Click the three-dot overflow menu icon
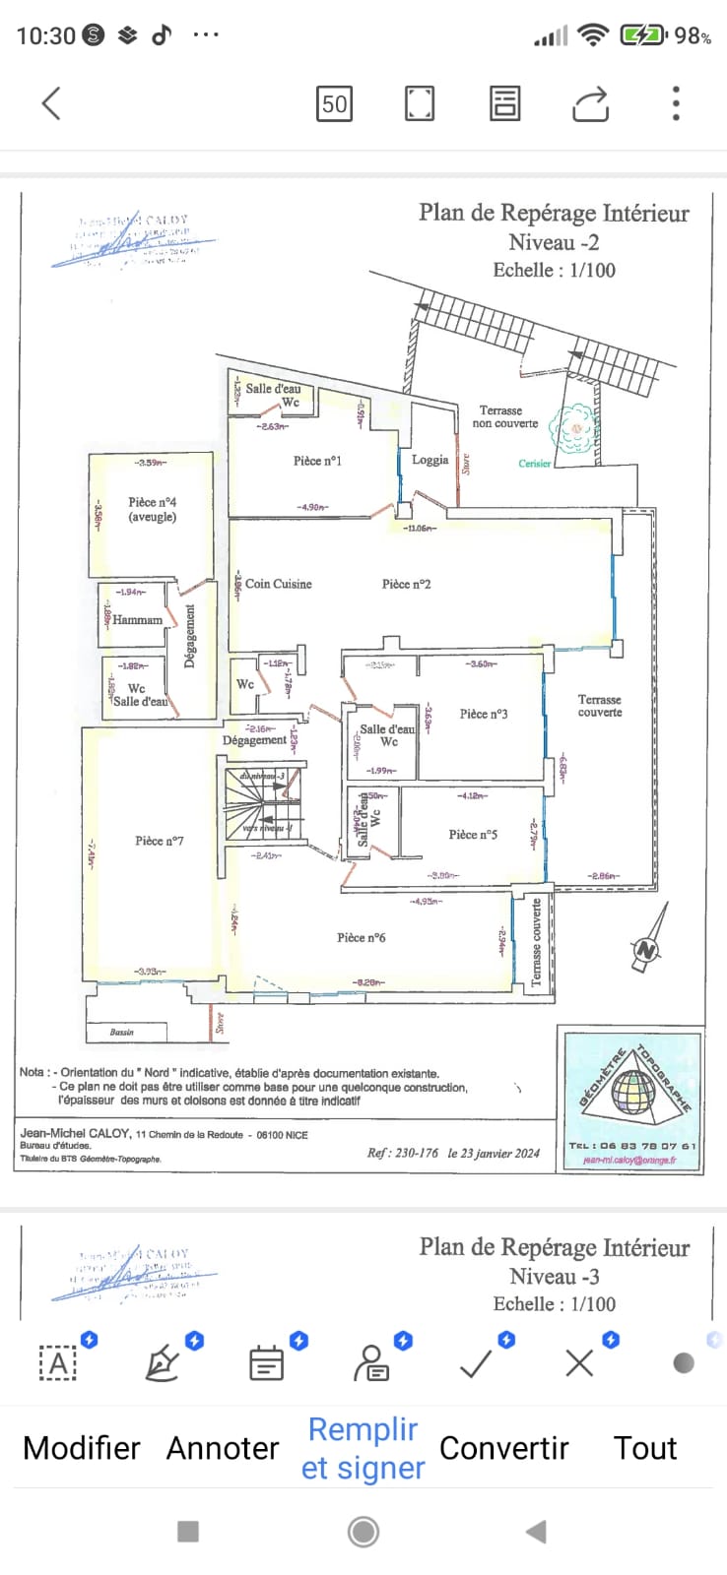tap(676, 103)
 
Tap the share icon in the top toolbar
tap(590, 103)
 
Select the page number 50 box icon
tap(335, 103)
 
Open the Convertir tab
tap(503, 1448)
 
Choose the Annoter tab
tap(223, 1448)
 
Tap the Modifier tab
tap(82, 1448)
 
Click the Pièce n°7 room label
tap(160, 841)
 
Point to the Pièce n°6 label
tap(361, 937)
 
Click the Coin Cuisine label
tap(278, 584)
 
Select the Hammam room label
tap(137, 620)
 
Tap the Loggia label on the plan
tap(430, 460)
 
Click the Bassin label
tap(122, 1032)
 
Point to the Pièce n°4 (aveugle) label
tap(152, 509)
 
